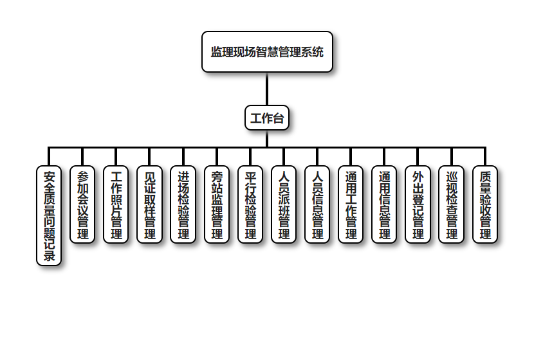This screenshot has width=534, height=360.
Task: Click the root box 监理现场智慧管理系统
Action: click(x=267, y=51)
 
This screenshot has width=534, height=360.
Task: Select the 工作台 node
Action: click(x=267, y=118)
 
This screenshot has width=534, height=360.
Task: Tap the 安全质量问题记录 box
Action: click(x=49, y=215)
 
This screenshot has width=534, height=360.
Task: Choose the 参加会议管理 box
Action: click(x=82, y=204)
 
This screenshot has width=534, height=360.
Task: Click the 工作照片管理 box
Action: click(x=116, y=204)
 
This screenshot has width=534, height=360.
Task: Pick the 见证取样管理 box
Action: click(x=150, y=204)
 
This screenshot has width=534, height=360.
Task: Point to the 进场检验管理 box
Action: click(x=183, y=204)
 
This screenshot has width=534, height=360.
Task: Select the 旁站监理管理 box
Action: click(x=217, y=204)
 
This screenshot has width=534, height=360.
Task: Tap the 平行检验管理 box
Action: click(x=250, y=204)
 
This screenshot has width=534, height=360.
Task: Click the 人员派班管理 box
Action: click(x=284, y=204)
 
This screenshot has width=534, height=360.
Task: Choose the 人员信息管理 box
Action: click(x=317, y=204)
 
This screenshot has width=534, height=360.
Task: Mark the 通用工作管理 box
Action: click(x=351, y=204)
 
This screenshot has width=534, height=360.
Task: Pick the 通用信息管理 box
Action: click(x=385, y=204)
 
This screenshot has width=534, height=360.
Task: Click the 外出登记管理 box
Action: click(x=418, y=204)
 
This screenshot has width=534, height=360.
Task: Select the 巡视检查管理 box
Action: click(x=452, y=204)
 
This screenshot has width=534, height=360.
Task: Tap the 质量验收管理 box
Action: click(x=485, y=204)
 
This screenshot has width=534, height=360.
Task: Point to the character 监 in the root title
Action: click(x=217, y=52)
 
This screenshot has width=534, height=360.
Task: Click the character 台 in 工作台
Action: click(x=278, y=119)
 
